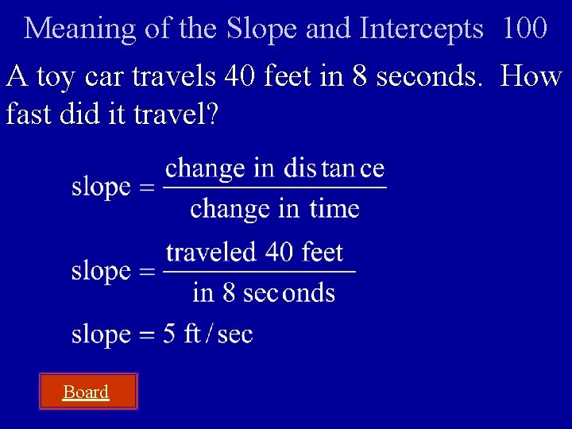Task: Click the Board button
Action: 87,392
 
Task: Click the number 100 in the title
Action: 524,29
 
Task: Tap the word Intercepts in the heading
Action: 421,29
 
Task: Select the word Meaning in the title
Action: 80,29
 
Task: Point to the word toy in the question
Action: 55,77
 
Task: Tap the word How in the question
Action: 531,77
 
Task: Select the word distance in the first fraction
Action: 334,168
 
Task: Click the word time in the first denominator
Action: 334,209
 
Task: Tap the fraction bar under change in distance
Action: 275,188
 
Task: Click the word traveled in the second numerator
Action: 211,253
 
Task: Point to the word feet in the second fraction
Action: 323,253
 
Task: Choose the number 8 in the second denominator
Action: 229,292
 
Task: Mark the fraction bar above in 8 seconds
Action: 259,272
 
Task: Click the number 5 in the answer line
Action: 169,334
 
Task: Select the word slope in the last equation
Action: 101,334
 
